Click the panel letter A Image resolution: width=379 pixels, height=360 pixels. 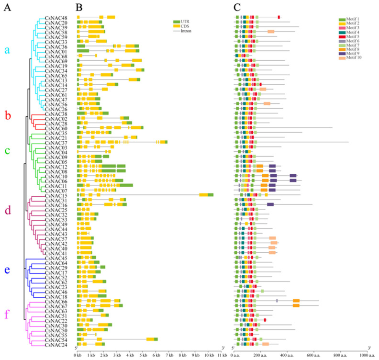pyautogui.click(x=6, y=7)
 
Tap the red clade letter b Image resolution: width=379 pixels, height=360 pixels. pyautogui.click(x=7, y=115)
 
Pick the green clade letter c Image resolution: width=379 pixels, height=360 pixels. pyautogui.click(x=7, y=150)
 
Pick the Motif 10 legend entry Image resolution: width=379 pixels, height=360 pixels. pyautogui.click(x=350, y=58)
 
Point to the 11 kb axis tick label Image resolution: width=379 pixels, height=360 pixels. pyautogui.click(x=222, y=355)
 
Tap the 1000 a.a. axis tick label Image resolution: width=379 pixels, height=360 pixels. pyautogui.click(x=365, y=355)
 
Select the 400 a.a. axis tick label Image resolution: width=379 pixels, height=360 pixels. pyautogui.click(x=287, y=355)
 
